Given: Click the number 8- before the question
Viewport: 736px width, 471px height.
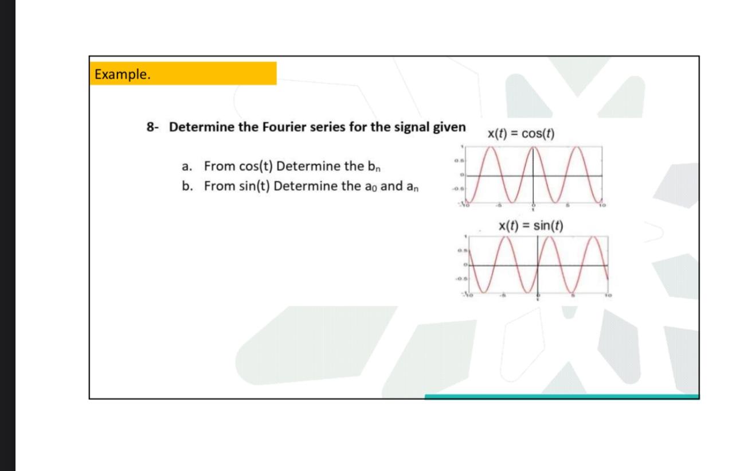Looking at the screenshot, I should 152,127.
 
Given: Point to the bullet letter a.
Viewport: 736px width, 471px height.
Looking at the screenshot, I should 186,167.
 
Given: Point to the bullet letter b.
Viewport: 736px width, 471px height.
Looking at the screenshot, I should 186,187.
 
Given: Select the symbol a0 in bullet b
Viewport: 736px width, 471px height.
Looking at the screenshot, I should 367,188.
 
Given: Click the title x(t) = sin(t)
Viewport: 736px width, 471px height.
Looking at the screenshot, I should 531,225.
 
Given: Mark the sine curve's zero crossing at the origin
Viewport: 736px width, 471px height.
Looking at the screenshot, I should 538,265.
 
